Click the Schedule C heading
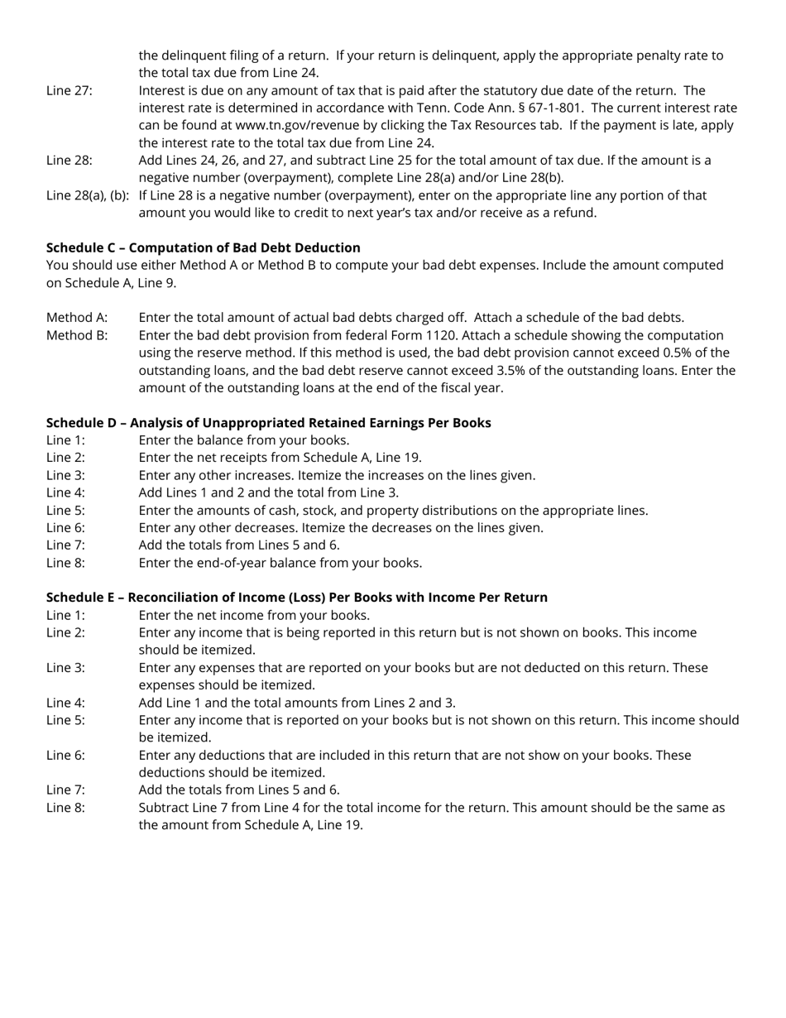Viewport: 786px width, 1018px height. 203,247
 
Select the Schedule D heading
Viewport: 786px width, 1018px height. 268,423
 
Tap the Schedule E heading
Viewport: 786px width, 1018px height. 296,598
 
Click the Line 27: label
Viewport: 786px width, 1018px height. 69,90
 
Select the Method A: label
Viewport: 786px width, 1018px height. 77,318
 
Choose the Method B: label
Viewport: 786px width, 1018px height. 77,335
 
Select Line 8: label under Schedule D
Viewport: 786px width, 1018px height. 65,563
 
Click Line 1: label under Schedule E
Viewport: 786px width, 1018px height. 65,615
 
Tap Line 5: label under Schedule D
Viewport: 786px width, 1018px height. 65,511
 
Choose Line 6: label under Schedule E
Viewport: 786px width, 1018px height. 65,755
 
